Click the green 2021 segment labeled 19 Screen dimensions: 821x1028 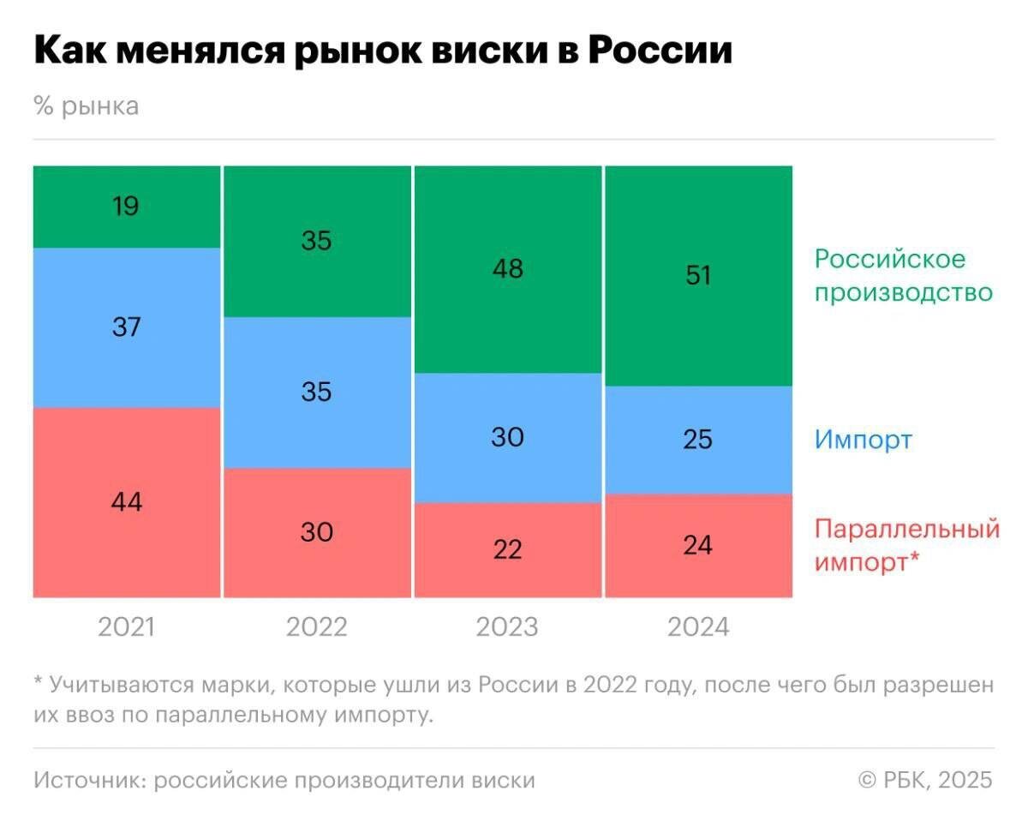click(x=127, y=207)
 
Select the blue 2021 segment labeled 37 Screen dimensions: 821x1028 click(x=127, y=327)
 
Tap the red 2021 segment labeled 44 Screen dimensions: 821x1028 click(x=127, y=502)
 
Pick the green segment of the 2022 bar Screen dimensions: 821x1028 click(x=316, y=241)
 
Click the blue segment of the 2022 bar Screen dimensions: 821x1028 click(x=316, y=393)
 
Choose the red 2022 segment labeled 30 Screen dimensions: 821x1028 click(x=316, y=532)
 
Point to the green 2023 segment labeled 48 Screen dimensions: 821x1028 click(x=507, y=269)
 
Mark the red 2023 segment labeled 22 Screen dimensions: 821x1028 click(x=507, y=549)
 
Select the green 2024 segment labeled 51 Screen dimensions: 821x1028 click(x=698, y=275)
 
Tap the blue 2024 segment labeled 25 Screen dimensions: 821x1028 click(x=698, y=440)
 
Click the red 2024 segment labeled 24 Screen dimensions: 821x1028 click(x=698, y=545)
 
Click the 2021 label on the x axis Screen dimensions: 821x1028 click(x=127, y=627)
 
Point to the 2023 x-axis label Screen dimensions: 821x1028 click(x=507, y=627)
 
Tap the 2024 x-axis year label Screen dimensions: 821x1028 click(x=698, y=627)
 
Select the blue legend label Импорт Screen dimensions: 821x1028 click(x=864, y=440)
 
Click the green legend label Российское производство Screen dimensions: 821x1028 click(x=902, y=275)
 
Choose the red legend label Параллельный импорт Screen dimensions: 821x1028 click(x=906, y=545)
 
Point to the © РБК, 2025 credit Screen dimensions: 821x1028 click(x=925, y=780)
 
